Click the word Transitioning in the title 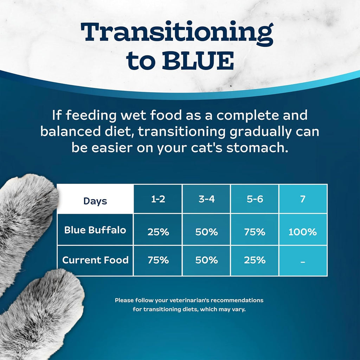coord(177,33)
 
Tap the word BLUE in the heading coord(198,61)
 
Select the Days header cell coord(95,201)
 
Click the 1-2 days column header coord(158,199)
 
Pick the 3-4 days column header coord(206,199)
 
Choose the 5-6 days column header coord(255,199)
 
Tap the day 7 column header coord(303,199)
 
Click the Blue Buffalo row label coord(95,230)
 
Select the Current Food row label coord(95,260)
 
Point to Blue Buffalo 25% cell coord(158,232)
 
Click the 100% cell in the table coord(303,232)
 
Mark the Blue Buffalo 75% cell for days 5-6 coord(255,232)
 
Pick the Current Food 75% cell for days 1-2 coord(158,260)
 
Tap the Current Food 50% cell coord(206,260)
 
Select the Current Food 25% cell coord(255,260)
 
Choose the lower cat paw coord(42,313)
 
